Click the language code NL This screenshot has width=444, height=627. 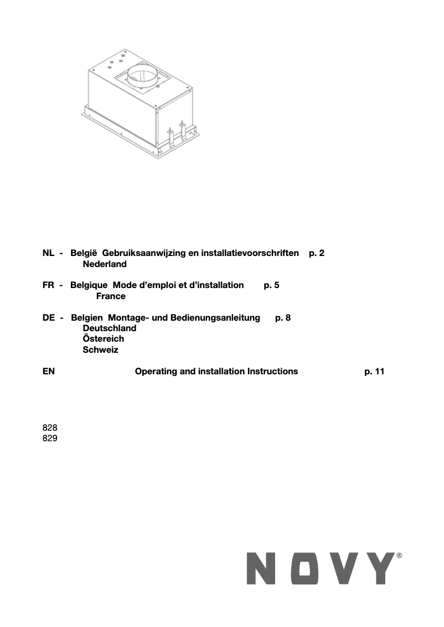point(48,253)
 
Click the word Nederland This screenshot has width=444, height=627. point(105,264)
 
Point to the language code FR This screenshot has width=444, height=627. point(48,285)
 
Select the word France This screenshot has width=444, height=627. point(111,296)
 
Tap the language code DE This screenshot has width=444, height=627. point(48,317)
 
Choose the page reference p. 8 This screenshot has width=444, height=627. point(282,317)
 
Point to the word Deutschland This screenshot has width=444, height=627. point(109,328)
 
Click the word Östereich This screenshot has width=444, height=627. point(103,339)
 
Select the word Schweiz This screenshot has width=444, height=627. point(100,350)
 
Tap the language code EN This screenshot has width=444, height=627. point(48,372)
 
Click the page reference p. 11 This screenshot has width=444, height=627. point(374,372)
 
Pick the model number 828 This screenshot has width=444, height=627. point(50,428)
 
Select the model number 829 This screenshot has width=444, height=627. point(50,438)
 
